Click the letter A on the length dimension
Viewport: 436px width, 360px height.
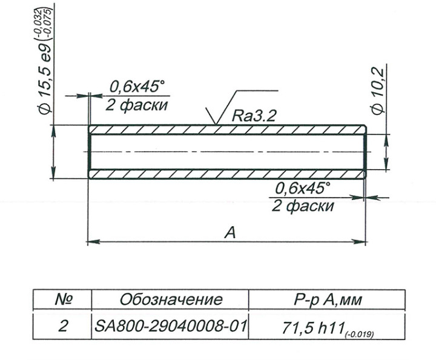(230, 233)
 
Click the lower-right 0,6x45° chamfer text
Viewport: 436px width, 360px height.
(303, 188)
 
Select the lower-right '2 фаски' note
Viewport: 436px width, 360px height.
(303, 205)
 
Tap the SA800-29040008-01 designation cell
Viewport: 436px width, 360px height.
(171, 327)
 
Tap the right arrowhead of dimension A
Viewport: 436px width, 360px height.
(362, 242)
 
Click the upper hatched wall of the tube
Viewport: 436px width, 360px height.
(228, 130)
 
